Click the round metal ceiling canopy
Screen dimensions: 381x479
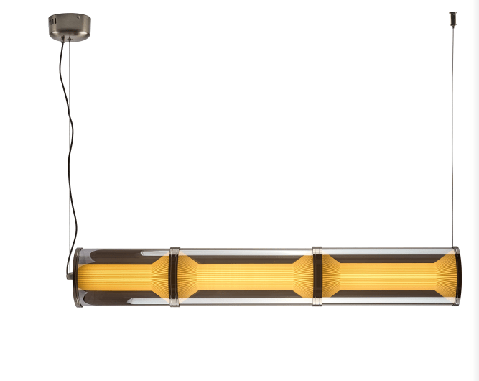pos(70,27)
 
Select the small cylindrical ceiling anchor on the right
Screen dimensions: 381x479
pos(453,17)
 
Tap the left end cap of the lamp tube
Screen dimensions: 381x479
pos(78,277)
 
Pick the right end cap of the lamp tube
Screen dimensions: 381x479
pos(455,277)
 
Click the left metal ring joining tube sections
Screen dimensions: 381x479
pos(174,277)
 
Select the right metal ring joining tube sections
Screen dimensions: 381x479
pos(317,277)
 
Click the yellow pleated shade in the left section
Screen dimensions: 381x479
pos(118,277)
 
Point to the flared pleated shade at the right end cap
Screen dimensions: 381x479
pos(442,277)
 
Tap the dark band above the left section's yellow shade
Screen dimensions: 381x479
pos(118,257)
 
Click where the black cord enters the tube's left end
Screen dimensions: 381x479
pos(72,273)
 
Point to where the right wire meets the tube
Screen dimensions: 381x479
pos(453,248)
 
